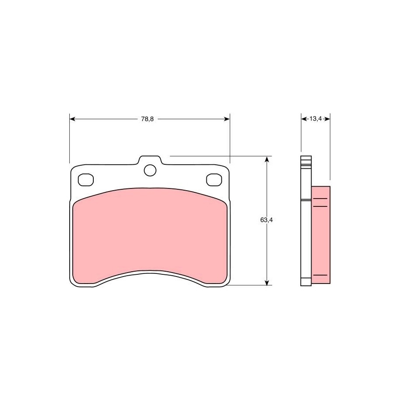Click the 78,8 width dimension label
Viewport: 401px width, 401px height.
click(x=147, y=119)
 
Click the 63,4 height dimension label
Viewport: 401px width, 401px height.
click(x=266, y=220)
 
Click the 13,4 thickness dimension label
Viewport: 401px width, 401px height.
click(x=316, y=119)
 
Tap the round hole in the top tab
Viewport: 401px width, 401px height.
click(x=150, y=170)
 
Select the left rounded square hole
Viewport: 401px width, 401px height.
click(x=85, y=180)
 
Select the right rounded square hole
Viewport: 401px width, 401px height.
click(x=214, y=180)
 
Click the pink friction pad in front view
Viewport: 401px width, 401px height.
click(x=150, y=236)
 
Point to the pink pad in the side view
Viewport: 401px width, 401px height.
click(x=321, y=235)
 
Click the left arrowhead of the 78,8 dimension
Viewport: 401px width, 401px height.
click(x=72, y=119)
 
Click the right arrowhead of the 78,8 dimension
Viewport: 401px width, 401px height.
click(x=227, y=119)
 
